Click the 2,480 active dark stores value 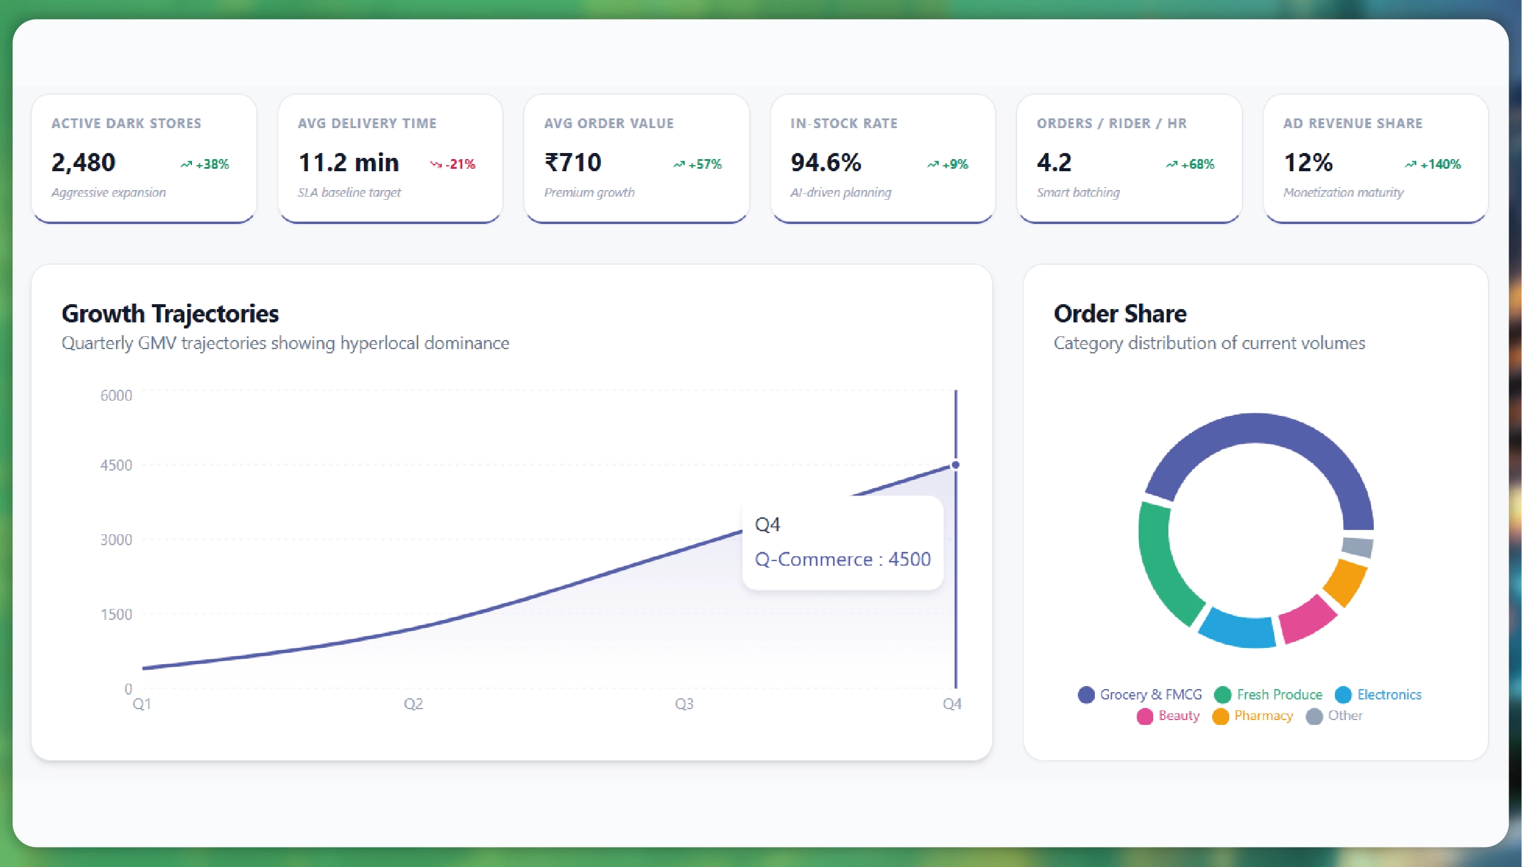point(83,163)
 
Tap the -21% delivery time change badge point(453,165)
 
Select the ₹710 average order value point(572,163)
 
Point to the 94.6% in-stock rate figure point(825,163)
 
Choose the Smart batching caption point(1078,192)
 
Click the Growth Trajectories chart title point(170,314)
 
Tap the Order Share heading point(1120,314)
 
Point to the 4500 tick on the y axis point(115,466)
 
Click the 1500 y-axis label point(115,615)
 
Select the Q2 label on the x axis point(413,704)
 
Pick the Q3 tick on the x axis point(684,704)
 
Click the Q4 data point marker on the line point(955,465)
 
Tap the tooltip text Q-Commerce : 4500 point(842,559)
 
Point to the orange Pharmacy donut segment point(1345,582)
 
